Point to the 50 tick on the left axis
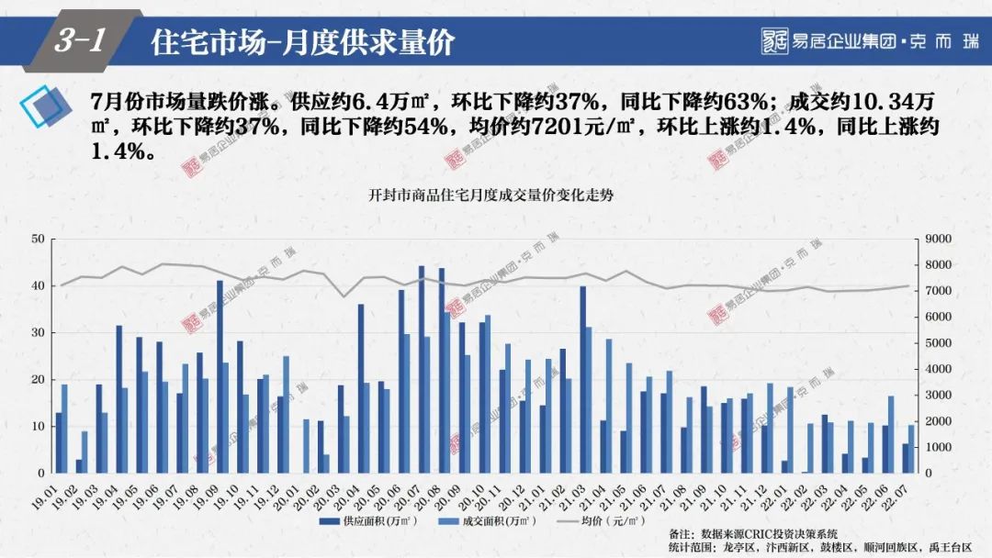[x=38, y=240]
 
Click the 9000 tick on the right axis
[x=940, y=240]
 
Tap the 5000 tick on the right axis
[x=940, y=343]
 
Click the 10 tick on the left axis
[x=38, y=427]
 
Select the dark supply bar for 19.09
[x=220, y=377]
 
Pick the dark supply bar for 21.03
[x=582, y=380]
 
